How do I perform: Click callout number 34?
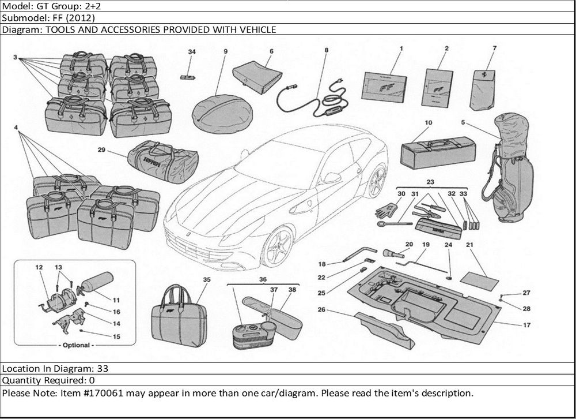click(x=192, y=52)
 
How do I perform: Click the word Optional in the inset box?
click(x=76, y=345)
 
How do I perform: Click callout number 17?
click(x=526, y=325)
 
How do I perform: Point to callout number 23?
click(x=429, y=181)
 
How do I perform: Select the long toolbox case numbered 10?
click(x=437, y=151)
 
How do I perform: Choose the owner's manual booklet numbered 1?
click(x=384, y=85)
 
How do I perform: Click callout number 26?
click(x=321, y=310)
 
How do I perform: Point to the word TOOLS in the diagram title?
click(x=56, y=29)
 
